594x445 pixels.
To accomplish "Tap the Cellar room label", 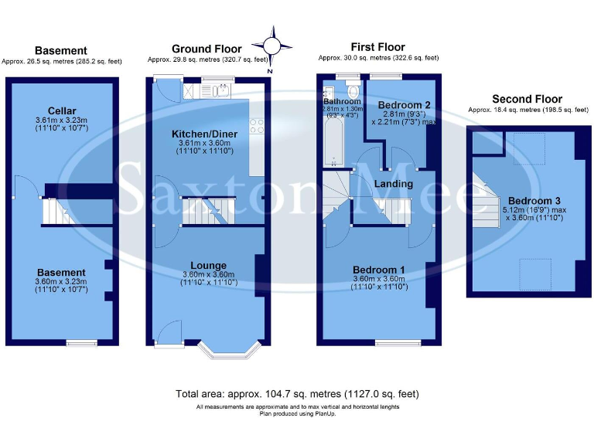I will click(61, 111).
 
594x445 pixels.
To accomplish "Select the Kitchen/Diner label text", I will click(203, 134).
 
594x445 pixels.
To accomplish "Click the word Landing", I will click(393, 184).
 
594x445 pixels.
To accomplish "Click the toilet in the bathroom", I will click(353, 91).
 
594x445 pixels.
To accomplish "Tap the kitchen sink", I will click(219, 91).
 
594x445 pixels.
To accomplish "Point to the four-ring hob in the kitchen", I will click(256, 125).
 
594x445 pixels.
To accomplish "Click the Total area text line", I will click(298, 393).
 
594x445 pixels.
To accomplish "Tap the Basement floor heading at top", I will click(60, 51).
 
